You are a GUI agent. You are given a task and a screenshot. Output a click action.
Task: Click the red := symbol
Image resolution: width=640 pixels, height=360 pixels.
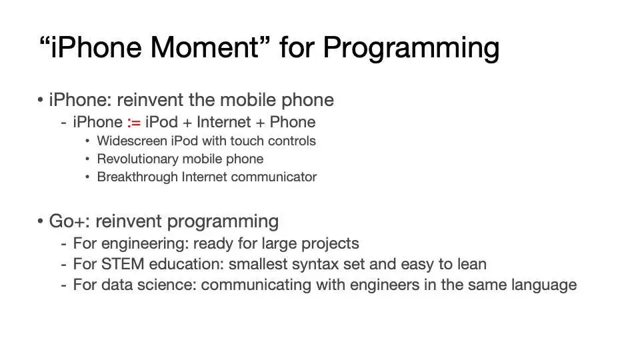(x=134, y=122)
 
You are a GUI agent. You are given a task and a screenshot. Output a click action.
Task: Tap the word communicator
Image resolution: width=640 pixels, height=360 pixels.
(x=274, y=177)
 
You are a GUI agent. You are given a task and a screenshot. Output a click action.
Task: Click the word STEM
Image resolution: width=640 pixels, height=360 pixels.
(x=123, y=264)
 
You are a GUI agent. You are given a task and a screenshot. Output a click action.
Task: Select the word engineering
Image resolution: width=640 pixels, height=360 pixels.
(x=145, y=244)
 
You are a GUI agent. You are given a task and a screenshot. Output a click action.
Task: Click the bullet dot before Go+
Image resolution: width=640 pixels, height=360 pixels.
(x=40, y=221)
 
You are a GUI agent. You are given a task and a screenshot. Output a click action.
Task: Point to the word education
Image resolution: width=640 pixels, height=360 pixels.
(x=186, y=264)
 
